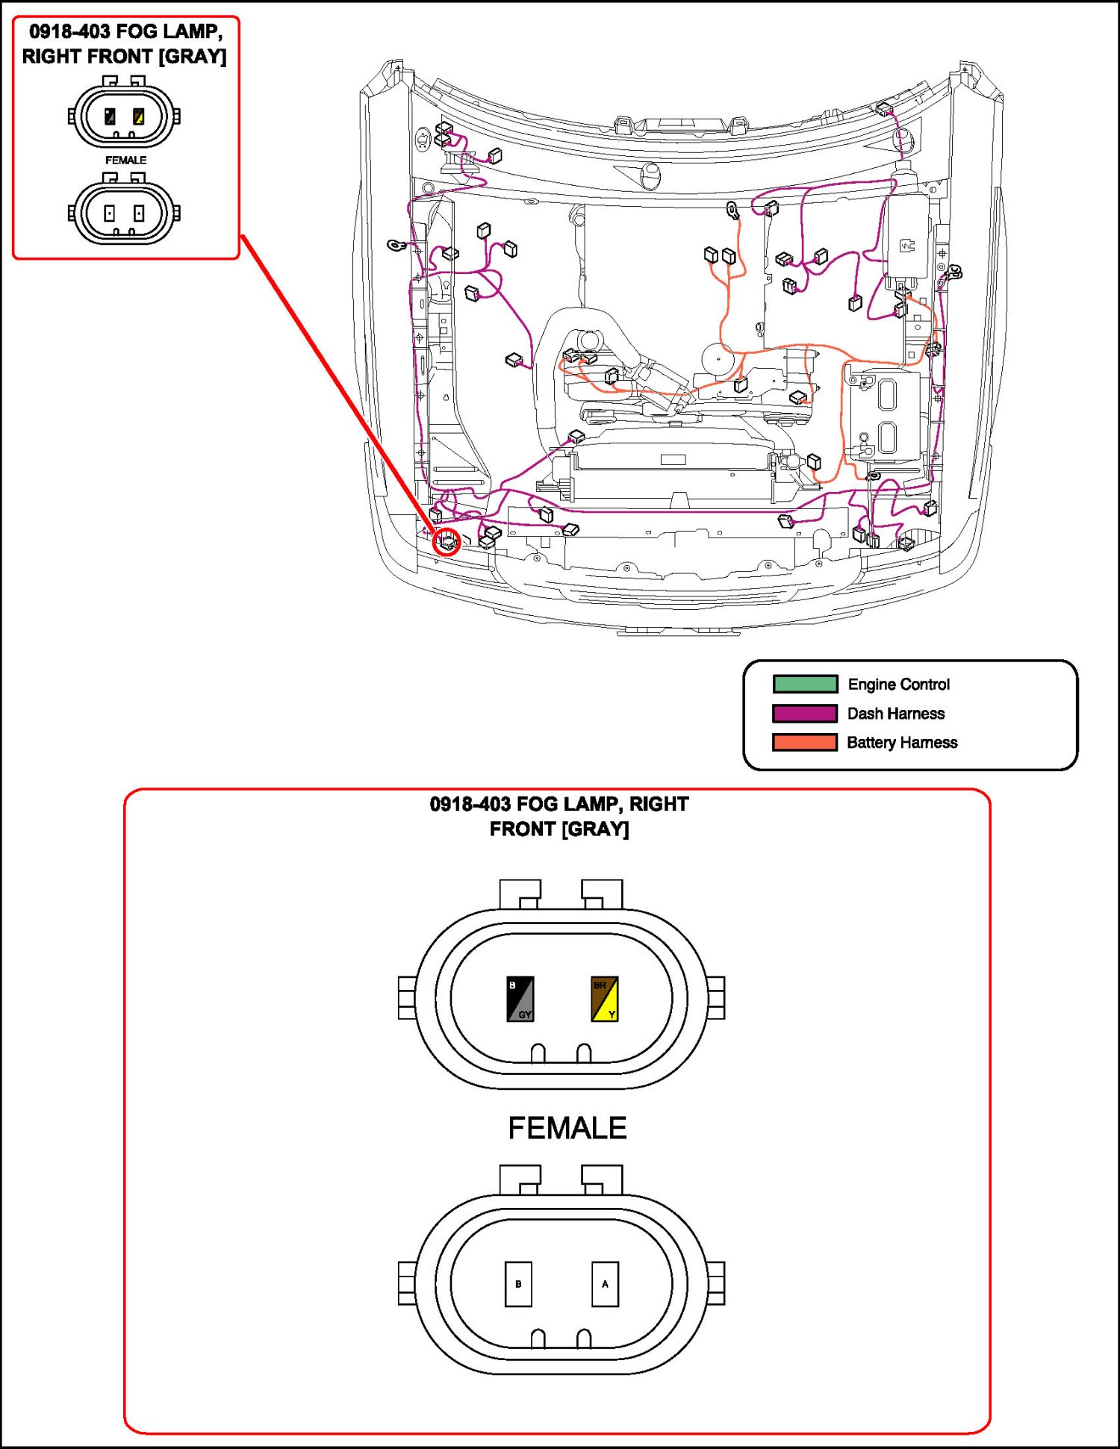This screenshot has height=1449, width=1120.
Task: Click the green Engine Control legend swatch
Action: [805, 684]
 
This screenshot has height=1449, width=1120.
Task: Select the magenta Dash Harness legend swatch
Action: [805, 713]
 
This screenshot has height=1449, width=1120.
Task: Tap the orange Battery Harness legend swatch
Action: [805, 742]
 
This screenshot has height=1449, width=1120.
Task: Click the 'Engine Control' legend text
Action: [898, 684]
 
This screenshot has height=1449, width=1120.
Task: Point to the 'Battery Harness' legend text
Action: [902, 742]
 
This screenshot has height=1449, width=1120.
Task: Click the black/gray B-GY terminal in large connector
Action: [520, 999]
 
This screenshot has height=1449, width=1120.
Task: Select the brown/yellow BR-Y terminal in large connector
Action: [604, 999]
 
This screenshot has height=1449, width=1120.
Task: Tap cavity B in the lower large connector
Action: [518, 1284]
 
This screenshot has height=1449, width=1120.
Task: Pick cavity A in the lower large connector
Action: [605, 1284]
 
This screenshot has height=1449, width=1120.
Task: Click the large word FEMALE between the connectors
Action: [567, 1128]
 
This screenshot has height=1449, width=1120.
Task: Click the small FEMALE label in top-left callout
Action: [125, 160]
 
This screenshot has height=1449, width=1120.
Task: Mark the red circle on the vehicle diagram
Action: [447, 542]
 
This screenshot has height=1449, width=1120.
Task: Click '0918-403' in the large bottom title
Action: [470, 804]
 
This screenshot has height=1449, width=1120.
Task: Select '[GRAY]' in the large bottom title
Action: [596, 829]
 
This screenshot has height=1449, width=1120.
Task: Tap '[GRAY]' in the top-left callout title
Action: [192, 56]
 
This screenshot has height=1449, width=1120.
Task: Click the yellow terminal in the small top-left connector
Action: [138, 116]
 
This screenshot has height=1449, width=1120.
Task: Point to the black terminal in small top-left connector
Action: [110, 116]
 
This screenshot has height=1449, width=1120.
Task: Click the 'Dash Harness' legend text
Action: [896, 713]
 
